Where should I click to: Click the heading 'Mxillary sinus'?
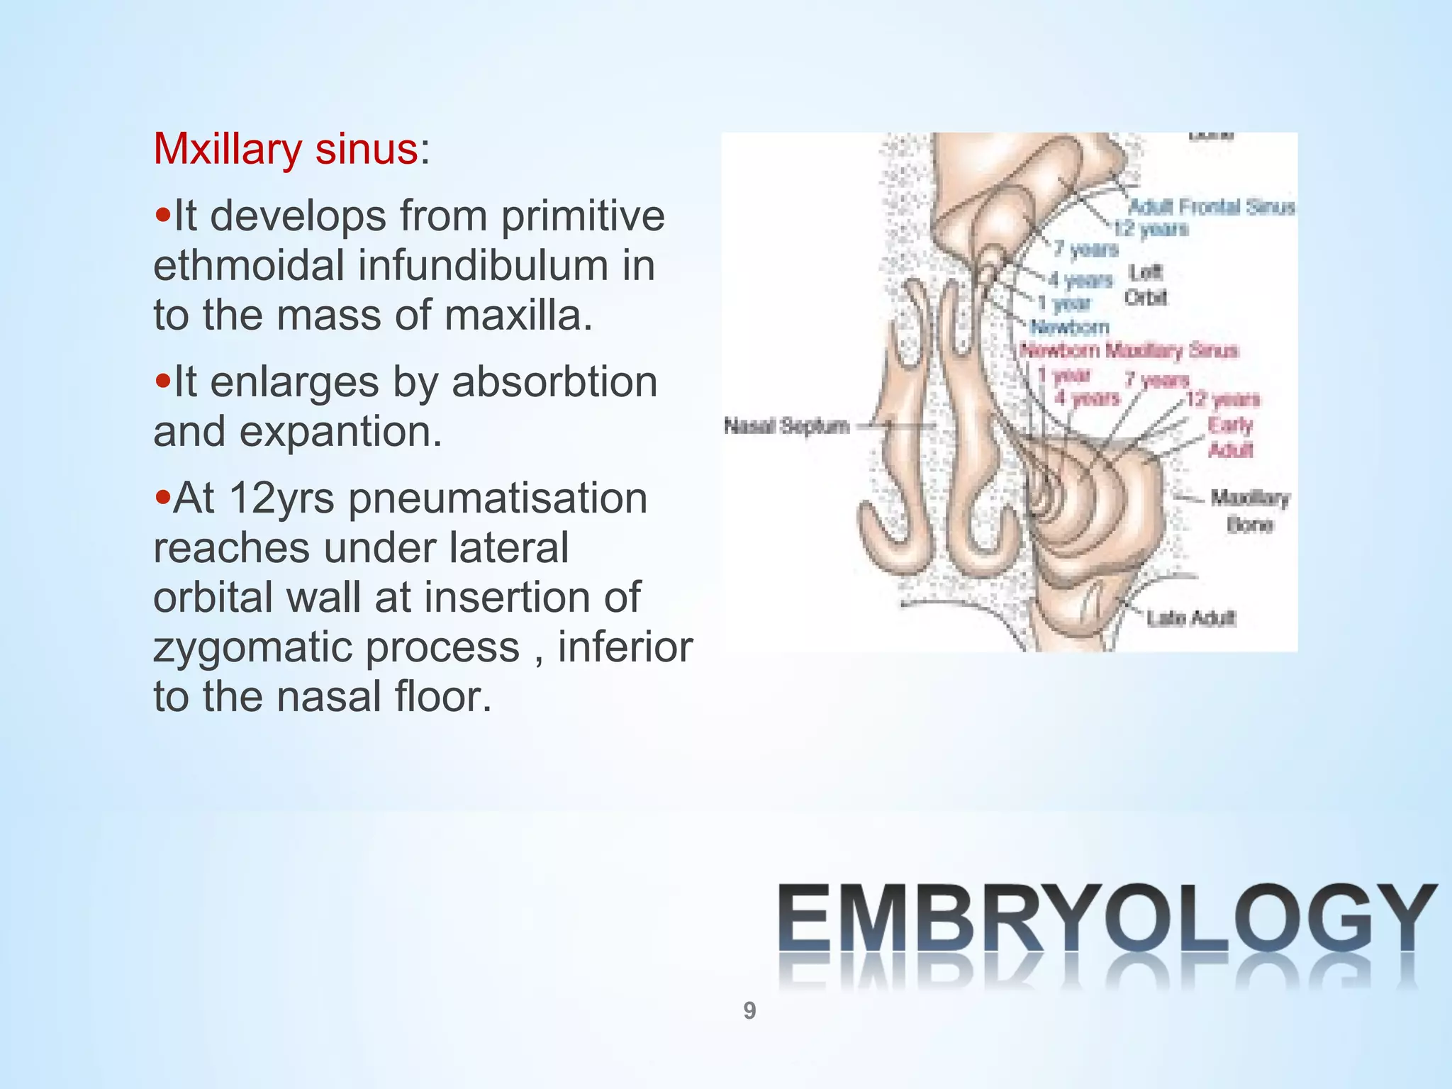(286, 149)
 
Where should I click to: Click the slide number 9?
(749, 1010)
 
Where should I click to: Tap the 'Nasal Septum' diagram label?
(786, 426)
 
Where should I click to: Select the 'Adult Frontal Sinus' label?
(1211, 207)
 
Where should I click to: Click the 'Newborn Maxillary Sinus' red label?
(1128, 350)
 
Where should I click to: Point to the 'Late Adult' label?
(1191, 618)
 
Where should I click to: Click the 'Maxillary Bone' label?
(1250, 510)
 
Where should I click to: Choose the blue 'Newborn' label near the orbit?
(1069, 327)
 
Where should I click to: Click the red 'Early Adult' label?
(1231, 437)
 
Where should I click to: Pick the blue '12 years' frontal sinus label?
(1151, 228)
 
